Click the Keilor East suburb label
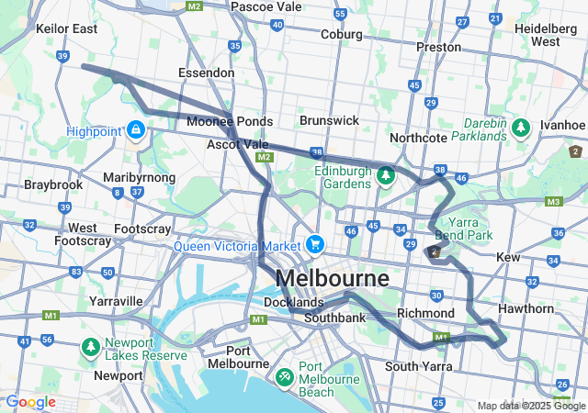(66, 28)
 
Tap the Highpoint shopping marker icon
(137, 129)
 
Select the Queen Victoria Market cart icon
(315, 244)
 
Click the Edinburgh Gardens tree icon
(386, 173)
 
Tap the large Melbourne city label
(332, 277)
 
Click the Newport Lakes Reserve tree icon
(91, 346)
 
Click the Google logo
(30, 402)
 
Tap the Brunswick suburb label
(329, 120)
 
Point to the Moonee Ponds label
(229, 121)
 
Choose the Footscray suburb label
(141, 228)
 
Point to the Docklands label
(293, 302)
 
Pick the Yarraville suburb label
(116, 300)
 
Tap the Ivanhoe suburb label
(562, 124)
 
